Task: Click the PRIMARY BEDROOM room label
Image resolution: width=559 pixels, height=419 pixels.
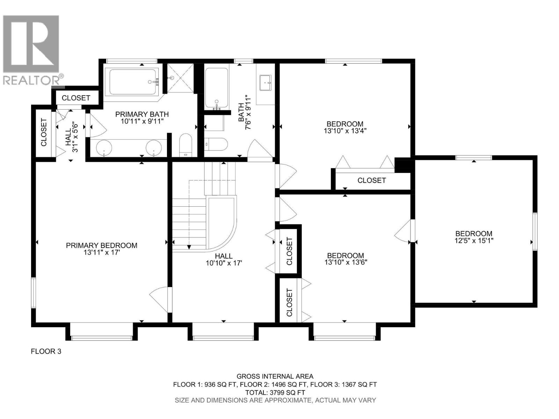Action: coord(101,245)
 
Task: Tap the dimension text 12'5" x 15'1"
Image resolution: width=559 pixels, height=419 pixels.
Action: coord(474,241)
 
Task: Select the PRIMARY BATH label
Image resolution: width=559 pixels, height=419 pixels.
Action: coord(142,114)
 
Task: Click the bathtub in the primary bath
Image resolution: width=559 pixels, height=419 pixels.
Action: coord(133,82)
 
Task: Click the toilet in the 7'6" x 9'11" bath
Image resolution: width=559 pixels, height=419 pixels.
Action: coord(216,144)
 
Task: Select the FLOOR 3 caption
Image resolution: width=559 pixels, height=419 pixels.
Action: coord(46,351)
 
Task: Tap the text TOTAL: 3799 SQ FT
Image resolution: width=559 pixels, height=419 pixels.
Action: coord(275,392)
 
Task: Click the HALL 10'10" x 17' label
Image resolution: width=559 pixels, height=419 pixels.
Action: coord(224,259)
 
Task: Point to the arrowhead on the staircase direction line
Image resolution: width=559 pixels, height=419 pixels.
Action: coord(189,247)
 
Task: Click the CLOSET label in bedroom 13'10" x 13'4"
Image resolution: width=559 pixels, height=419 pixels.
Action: coord(371,180)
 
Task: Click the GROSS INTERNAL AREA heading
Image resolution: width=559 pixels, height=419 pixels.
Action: coord(275,376)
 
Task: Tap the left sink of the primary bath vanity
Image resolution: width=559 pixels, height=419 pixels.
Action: coord(104,148)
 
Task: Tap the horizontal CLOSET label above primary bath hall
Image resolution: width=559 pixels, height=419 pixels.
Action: coord(76,98)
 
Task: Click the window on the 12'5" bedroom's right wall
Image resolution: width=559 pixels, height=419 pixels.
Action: coord(535,231)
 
